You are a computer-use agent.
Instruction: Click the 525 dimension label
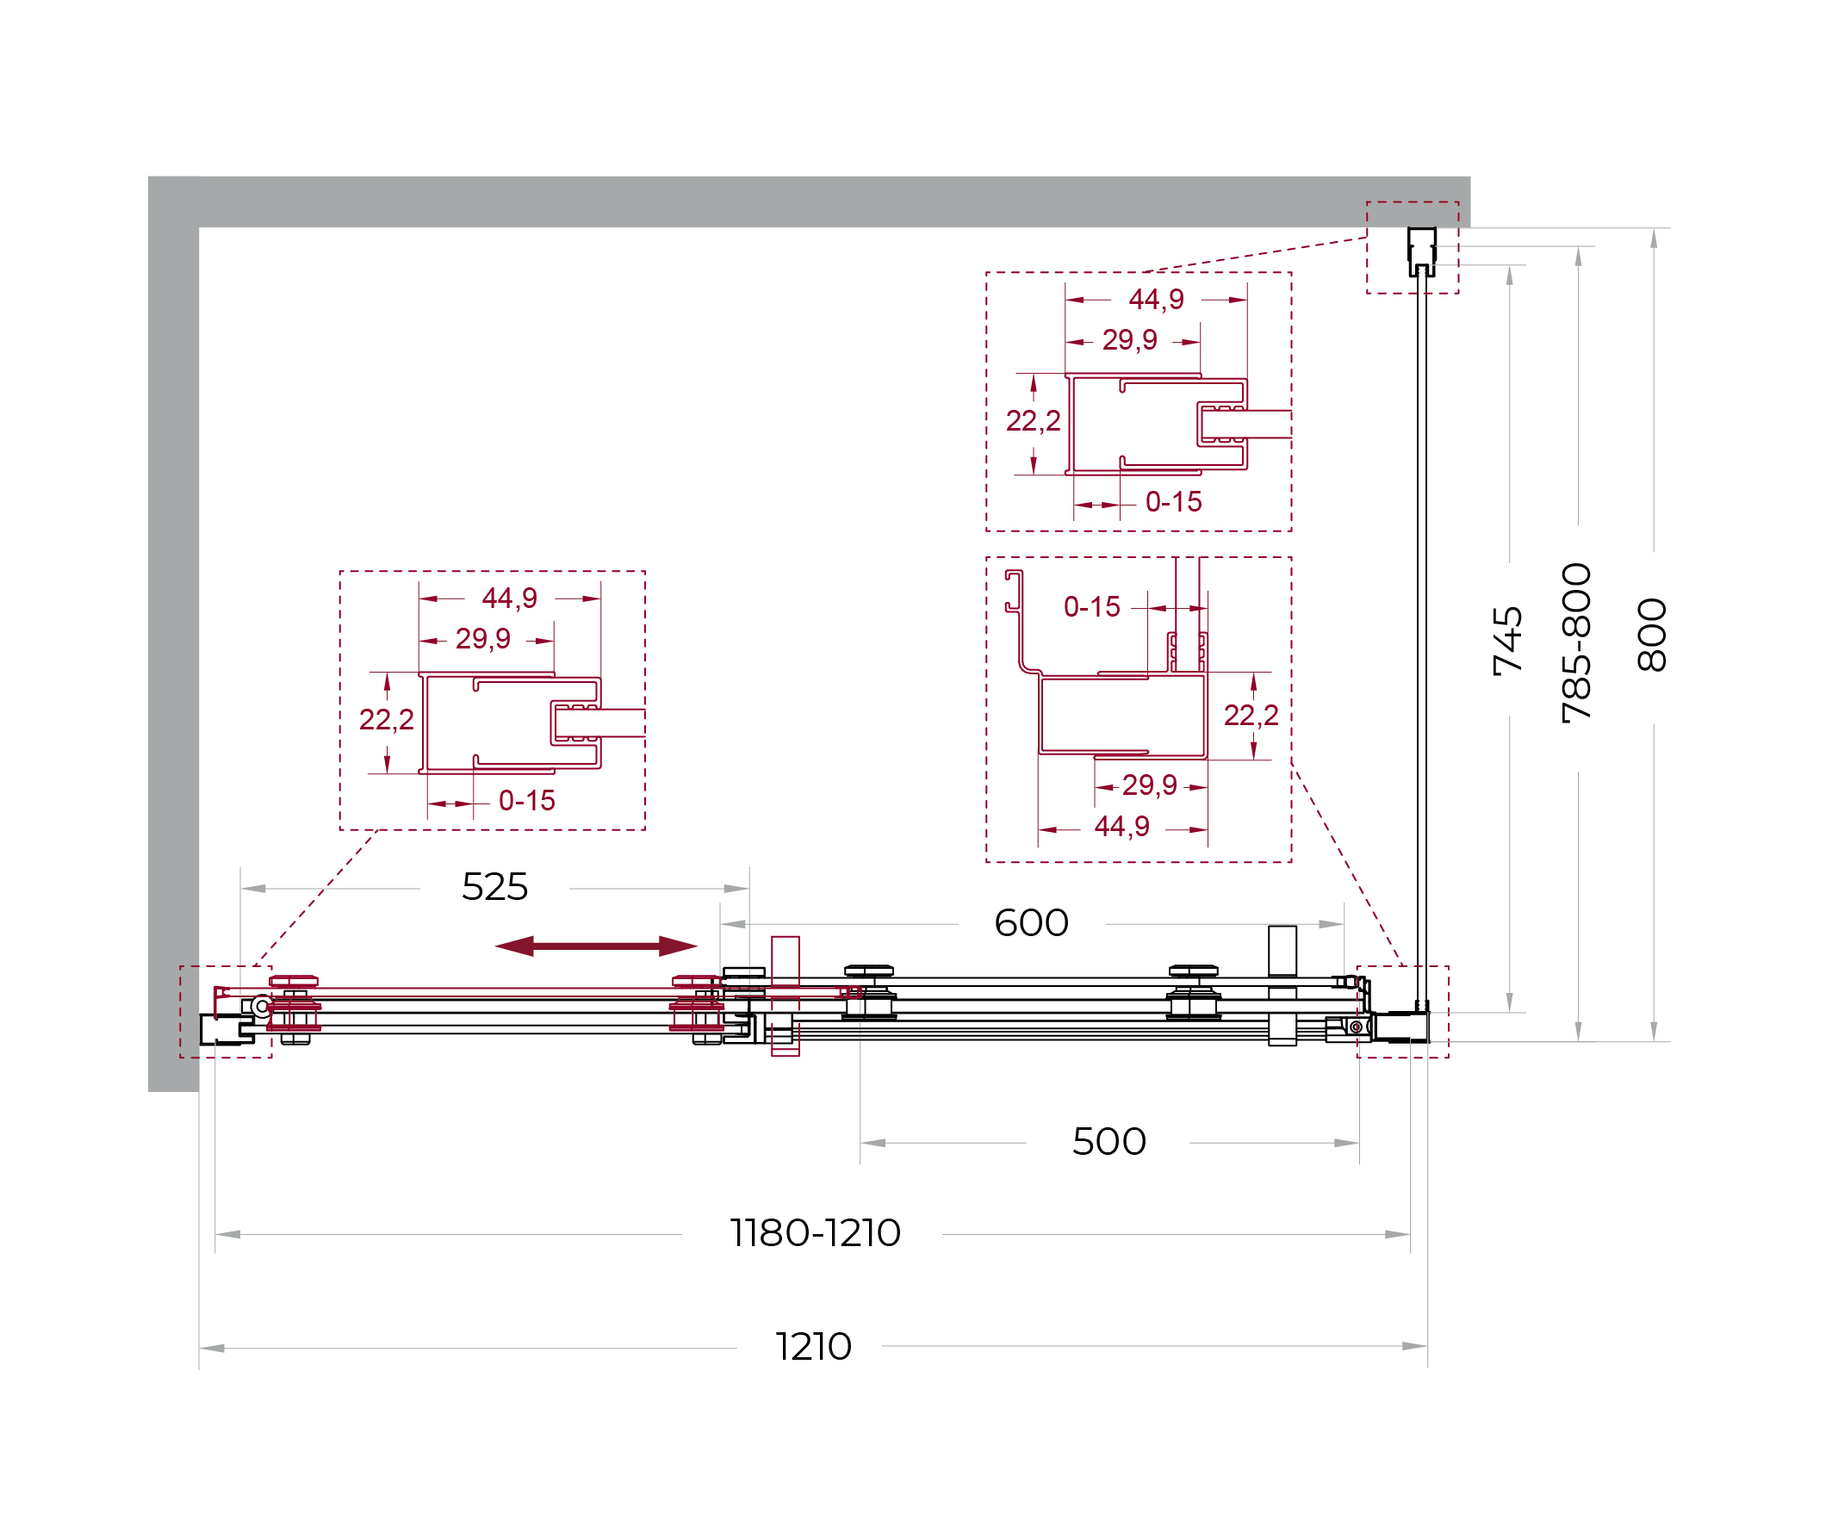click(494, 887)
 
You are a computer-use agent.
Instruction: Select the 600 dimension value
click(1031, 922)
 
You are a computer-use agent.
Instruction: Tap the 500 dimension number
click(1109, 1141)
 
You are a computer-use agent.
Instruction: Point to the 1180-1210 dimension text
click(816, 1233)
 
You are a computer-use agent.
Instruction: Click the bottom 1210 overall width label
click(813, 1346)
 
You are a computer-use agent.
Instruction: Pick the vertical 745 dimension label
click(1508, 641)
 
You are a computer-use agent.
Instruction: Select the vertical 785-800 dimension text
click(1577, 642)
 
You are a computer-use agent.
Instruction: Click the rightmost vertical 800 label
click(1652, 635)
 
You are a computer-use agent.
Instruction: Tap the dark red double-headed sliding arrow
click(596, 946)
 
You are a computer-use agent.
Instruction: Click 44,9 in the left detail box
click(510, 599)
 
